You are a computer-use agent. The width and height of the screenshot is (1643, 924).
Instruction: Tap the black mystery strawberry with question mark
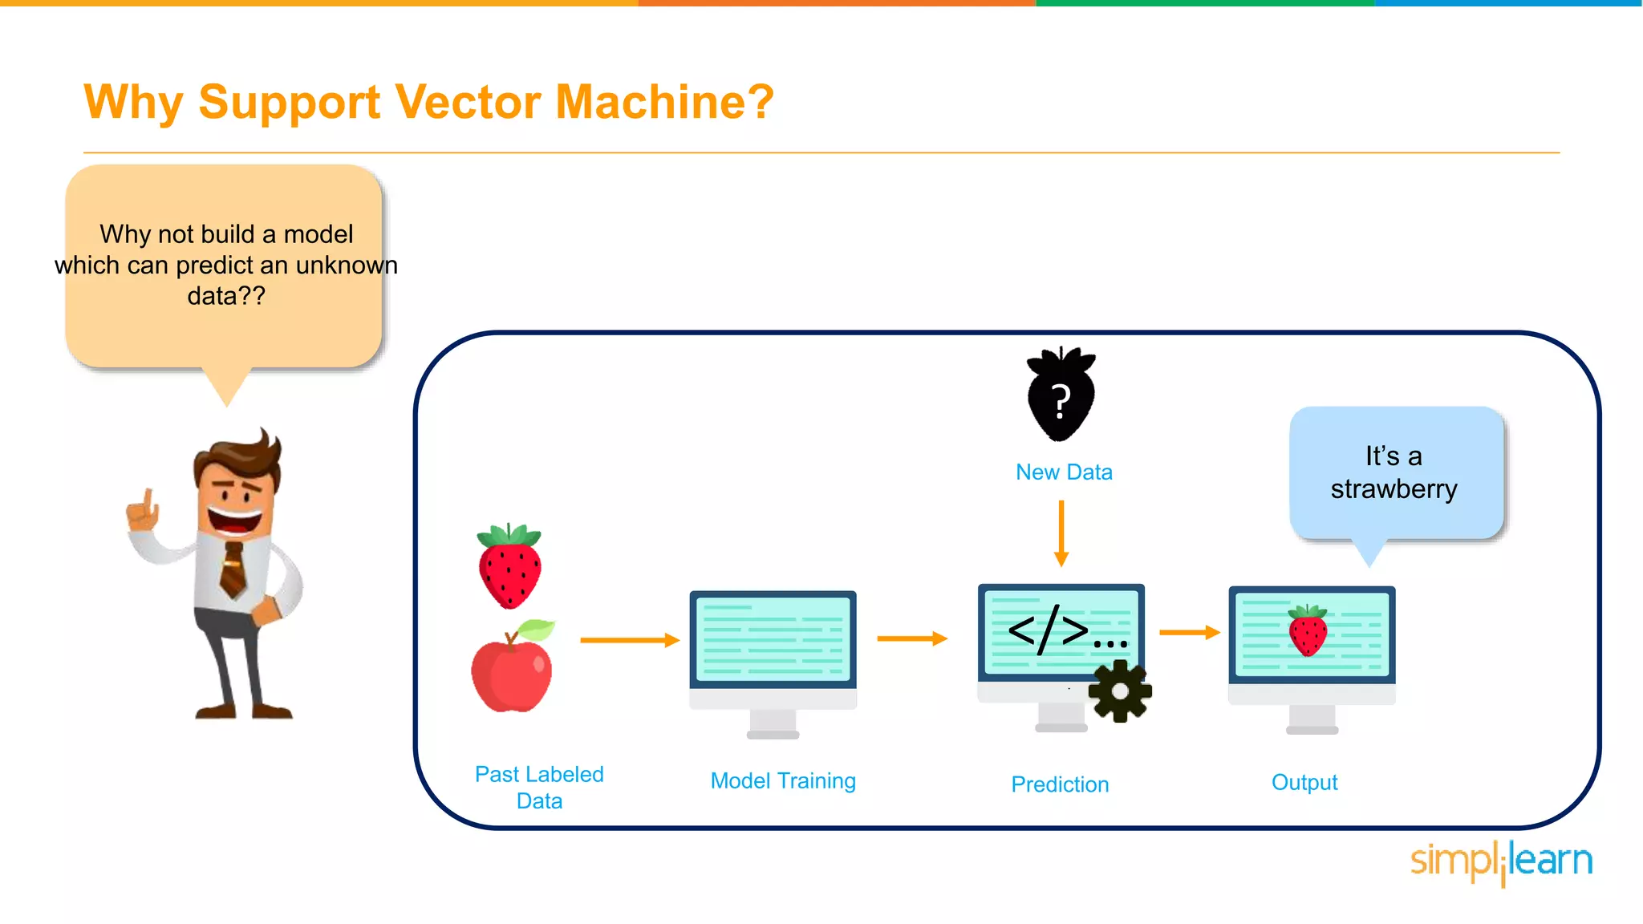[1061, 395]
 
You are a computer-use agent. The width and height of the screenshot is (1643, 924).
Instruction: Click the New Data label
[1064, 472]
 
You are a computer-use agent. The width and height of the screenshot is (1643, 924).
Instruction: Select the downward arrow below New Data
[1061, 533]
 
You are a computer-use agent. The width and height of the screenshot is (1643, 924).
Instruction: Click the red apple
[512, 672]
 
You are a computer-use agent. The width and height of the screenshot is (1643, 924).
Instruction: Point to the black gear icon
[1120, 691]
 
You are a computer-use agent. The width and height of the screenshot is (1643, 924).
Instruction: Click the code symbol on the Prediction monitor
[1049, 630]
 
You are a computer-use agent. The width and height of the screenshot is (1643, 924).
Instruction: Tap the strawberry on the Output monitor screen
[1308, 631]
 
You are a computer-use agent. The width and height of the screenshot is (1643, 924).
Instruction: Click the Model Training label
[783, 781]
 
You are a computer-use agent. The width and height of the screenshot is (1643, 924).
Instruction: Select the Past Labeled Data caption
[539, 787]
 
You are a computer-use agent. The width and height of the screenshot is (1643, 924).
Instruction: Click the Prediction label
[1060, 784]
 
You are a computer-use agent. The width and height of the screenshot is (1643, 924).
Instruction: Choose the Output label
[1304, 783]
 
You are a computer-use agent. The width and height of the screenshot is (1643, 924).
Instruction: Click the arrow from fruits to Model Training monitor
[630, 640]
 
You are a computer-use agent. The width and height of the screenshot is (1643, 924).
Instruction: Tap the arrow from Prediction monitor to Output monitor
[1189, 633]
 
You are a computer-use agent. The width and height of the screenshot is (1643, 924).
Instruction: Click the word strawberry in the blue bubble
[1394, 489]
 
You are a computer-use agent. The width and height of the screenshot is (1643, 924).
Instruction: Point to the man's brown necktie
[233, 569]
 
